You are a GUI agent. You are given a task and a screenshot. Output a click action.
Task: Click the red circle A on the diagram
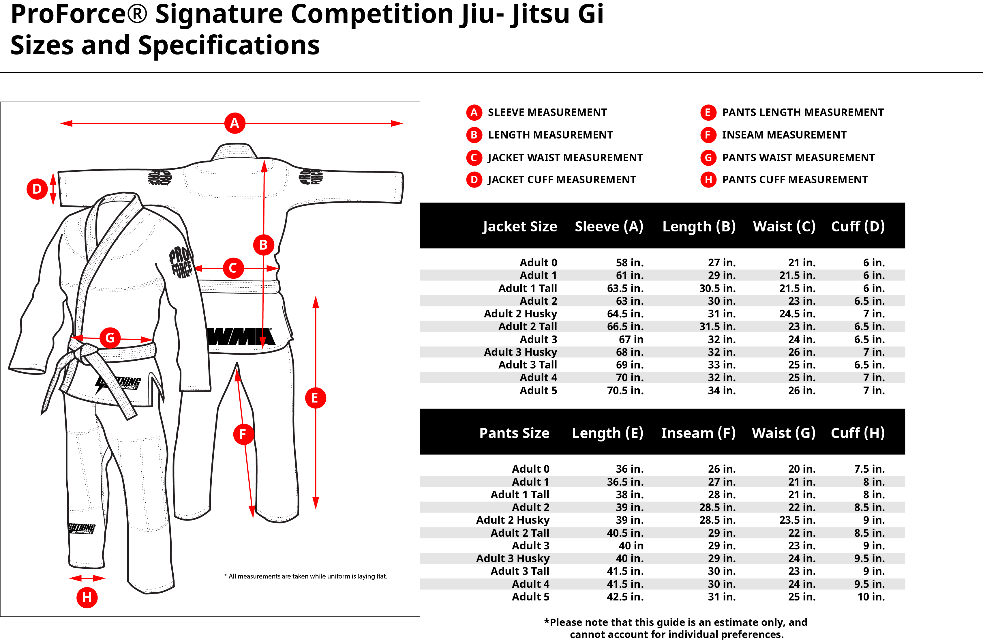pyautogui.click(x=235, y=123)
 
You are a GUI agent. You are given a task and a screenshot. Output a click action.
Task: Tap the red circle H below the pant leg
pyautogui.click(x=87, y=597)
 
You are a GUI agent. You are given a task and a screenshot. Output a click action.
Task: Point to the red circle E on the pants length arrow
pyautogui.click(x=316, y=398)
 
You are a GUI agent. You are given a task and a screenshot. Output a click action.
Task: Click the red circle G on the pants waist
pyautogui.click(x=110, y=338)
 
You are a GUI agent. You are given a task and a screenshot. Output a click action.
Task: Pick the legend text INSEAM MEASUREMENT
pyautogui.click(x=784, y=135)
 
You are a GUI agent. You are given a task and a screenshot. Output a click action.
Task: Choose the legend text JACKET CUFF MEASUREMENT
pyautogui.click(x=562, y=180)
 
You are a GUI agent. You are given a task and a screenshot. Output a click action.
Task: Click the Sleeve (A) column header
pyautogui.click(x=609, y=227)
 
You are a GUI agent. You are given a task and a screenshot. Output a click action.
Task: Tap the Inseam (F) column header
pyautogui.click(x=698, y=433)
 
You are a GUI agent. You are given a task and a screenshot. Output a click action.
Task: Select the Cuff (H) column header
pyautogui.click(x=858, y=433)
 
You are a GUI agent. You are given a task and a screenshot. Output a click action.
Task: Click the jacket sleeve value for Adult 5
pyautogui.click(x=625, y=390)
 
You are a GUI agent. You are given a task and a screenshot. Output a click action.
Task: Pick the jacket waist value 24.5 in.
pyautogui.click(x=798, y=314)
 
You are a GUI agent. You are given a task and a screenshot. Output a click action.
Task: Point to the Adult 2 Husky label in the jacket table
pyautogui.click(x=520, y=314)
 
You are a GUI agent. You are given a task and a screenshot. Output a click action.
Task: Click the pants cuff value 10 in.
pyautogui.click(x=871, y=597)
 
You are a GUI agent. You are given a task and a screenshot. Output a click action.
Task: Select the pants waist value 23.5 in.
pyautogui.click(x=798, y=520)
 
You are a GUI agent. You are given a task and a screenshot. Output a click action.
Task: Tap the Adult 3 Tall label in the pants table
pyautogui.click(x=520, y=571)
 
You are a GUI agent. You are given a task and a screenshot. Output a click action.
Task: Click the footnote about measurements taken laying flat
pyautogui.click(x=306, y=576)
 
